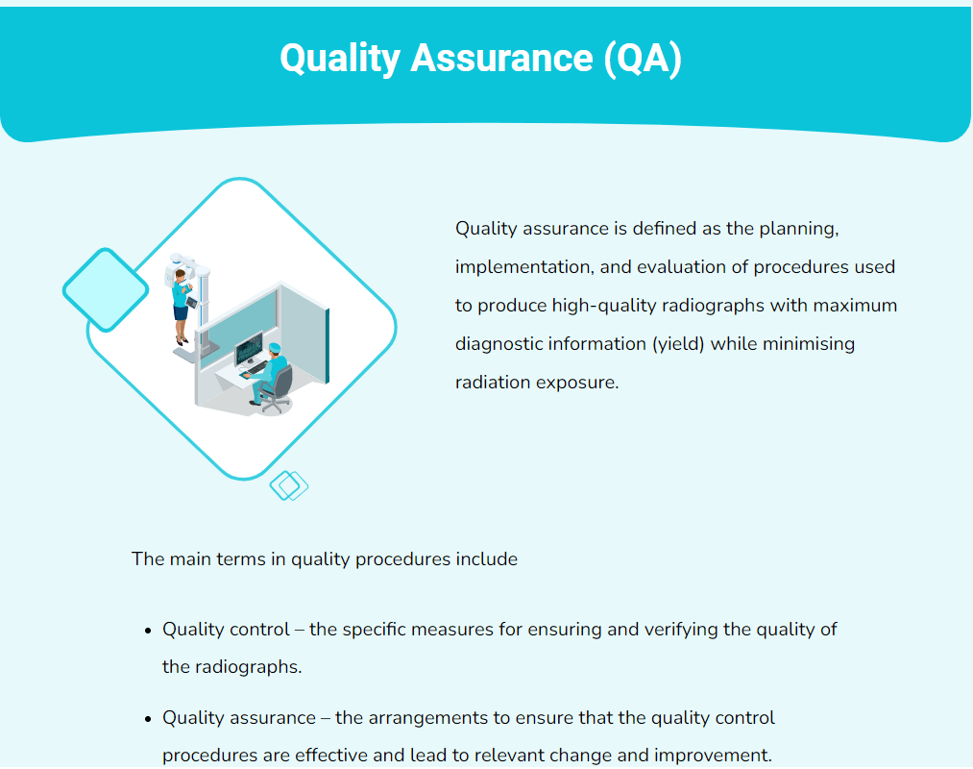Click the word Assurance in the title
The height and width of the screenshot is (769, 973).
point(501,59)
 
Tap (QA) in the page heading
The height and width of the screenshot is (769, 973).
point(644,59)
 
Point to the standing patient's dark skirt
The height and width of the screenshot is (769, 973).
point(181,313)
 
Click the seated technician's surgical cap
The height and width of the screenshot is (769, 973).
point(275,348)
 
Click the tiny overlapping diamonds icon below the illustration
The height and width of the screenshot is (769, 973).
point(288,485)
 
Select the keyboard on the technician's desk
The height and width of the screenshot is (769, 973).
point(253,369)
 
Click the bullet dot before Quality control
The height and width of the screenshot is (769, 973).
point(148,632)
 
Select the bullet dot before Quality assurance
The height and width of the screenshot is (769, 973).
point(148,720)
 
